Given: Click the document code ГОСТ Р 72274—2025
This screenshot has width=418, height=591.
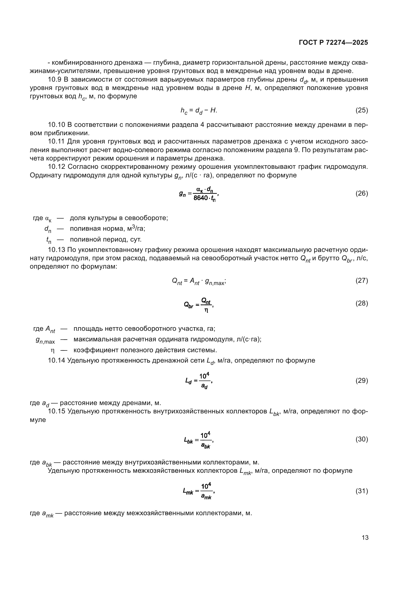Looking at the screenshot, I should click(x=333, y=43).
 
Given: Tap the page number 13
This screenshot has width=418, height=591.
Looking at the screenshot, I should click(x=365, y=538).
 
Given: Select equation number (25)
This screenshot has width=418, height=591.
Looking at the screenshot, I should click(x=362, y=110).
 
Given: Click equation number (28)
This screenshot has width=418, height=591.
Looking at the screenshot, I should click(x=362, y=303).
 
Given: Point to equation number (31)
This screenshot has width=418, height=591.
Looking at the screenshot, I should click(x=362, y=491).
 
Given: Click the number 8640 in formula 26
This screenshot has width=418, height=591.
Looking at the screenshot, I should click(x=200, y=198).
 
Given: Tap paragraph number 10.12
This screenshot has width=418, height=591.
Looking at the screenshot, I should click(x=57, y=167).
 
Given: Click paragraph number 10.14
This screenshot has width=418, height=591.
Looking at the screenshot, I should click(x=57, y=361).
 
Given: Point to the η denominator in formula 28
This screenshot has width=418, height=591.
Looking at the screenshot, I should click(x=206, y=310).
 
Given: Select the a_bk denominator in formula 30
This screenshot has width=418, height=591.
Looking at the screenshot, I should click(x=205, y=445).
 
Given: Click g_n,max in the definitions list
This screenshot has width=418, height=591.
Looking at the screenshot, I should click(x=45, y=340).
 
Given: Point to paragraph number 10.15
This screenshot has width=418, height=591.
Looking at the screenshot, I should click(x=57, y=411).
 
